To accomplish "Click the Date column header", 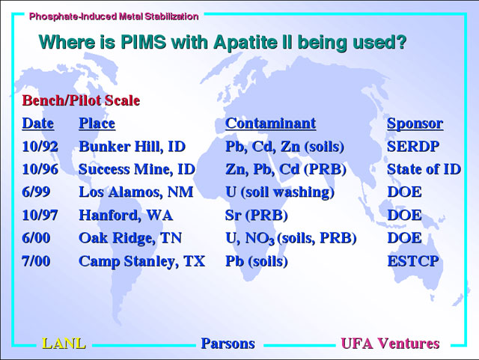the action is pyautogui.click(x=38, y=123).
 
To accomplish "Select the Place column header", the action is pyautogui.click(x=97, y=123).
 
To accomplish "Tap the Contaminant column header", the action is pyautogui.click(x=271, y=123).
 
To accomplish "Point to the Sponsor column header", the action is pyautogui.click(x=415, y=123).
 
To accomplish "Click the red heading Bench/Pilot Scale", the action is pyautogui.click(x=81, y=100).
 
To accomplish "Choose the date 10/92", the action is pyautogui.click(x=40, y=147).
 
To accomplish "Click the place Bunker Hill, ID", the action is pyautogui.click(x=132, y=147).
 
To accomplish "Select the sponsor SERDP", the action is pyautogui.click(x=413, y=147).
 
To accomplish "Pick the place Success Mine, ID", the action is pyautogui.click(x=137, y=169).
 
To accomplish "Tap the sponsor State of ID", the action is pyautogui.click(x=424, y=169).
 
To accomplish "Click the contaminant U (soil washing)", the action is pyautogui.click(x=280, y=192).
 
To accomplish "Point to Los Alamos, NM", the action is pyautogui.click(x=136, y=192).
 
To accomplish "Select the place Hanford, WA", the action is pyautogui.click(x=126, y=215).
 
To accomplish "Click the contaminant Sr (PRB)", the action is pyautogui.click(x=256, y=216).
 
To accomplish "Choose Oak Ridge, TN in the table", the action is pyautogui.click(x=130, y=238).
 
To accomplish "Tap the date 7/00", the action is pyautogui.click(x=36, y=261).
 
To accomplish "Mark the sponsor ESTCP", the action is pyautogui.click(x=413, y=261).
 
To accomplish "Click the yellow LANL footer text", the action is pyautogui.click(x=64, y=344).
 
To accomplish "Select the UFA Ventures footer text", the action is pyautogui.click(x=390, y=344).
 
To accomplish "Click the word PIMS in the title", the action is pyautogui.click(x=144, y=42).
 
